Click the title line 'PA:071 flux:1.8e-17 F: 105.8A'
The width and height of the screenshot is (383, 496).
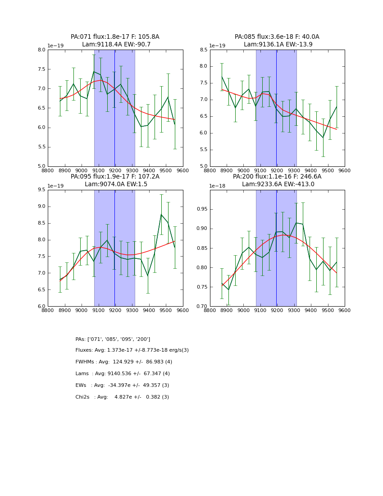coord(115,37)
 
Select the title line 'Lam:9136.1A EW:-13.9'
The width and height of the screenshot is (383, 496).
coord(278,45)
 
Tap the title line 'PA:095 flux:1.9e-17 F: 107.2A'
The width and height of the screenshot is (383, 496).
coord(115,177)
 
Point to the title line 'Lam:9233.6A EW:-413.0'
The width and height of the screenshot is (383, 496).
coord(278,184)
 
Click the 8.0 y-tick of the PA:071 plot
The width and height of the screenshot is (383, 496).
coord(41,50)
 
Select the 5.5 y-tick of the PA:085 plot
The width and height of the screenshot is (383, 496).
coord(203,150)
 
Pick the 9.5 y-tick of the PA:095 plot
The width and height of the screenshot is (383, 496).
coord(41,190)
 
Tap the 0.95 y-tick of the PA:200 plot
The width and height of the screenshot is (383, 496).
coord(201,209)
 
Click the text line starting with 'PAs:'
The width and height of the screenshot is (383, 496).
coord(113,339)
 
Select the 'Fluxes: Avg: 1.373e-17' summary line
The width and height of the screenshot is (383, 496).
coord(132,350)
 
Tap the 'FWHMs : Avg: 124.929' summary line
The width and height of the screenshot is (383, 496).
coord(124,362)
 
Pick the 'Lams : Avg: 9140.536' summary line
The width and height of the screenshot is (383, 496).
coord(123,374)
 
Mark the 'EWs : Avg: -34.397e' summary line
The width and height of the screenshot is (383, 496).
coord(122,386)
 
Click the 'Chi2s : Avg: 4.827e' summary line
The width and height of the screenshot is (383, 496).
coord(122,397)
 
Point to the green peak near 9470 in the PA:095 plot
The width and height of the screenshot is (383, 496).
coord(161,214)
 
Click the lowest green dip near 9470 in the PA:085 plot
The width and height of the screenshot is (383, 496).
coord(323,138)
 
